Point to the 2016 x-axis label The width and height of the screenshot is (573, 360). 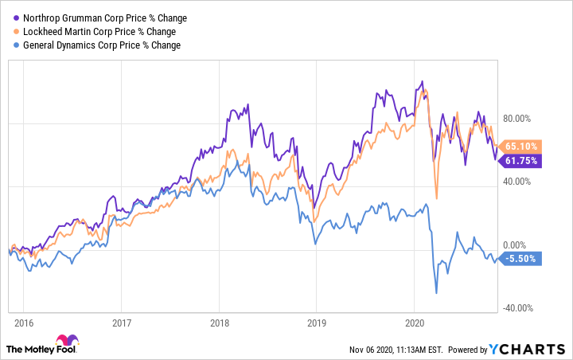(x=23, y=323)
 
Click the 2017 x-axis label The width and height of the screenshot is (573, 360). (x=121, y=323)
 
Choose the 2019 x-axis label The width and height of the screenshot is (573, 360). (x=316, y=323)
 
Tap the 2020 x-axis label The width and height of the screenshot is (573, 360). (x=414, y=323)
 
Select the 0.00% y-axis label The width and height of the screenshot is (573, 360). (x=525, y=245)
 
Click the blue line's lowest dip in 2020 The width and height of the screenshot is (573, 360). (x=436, y=294)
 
